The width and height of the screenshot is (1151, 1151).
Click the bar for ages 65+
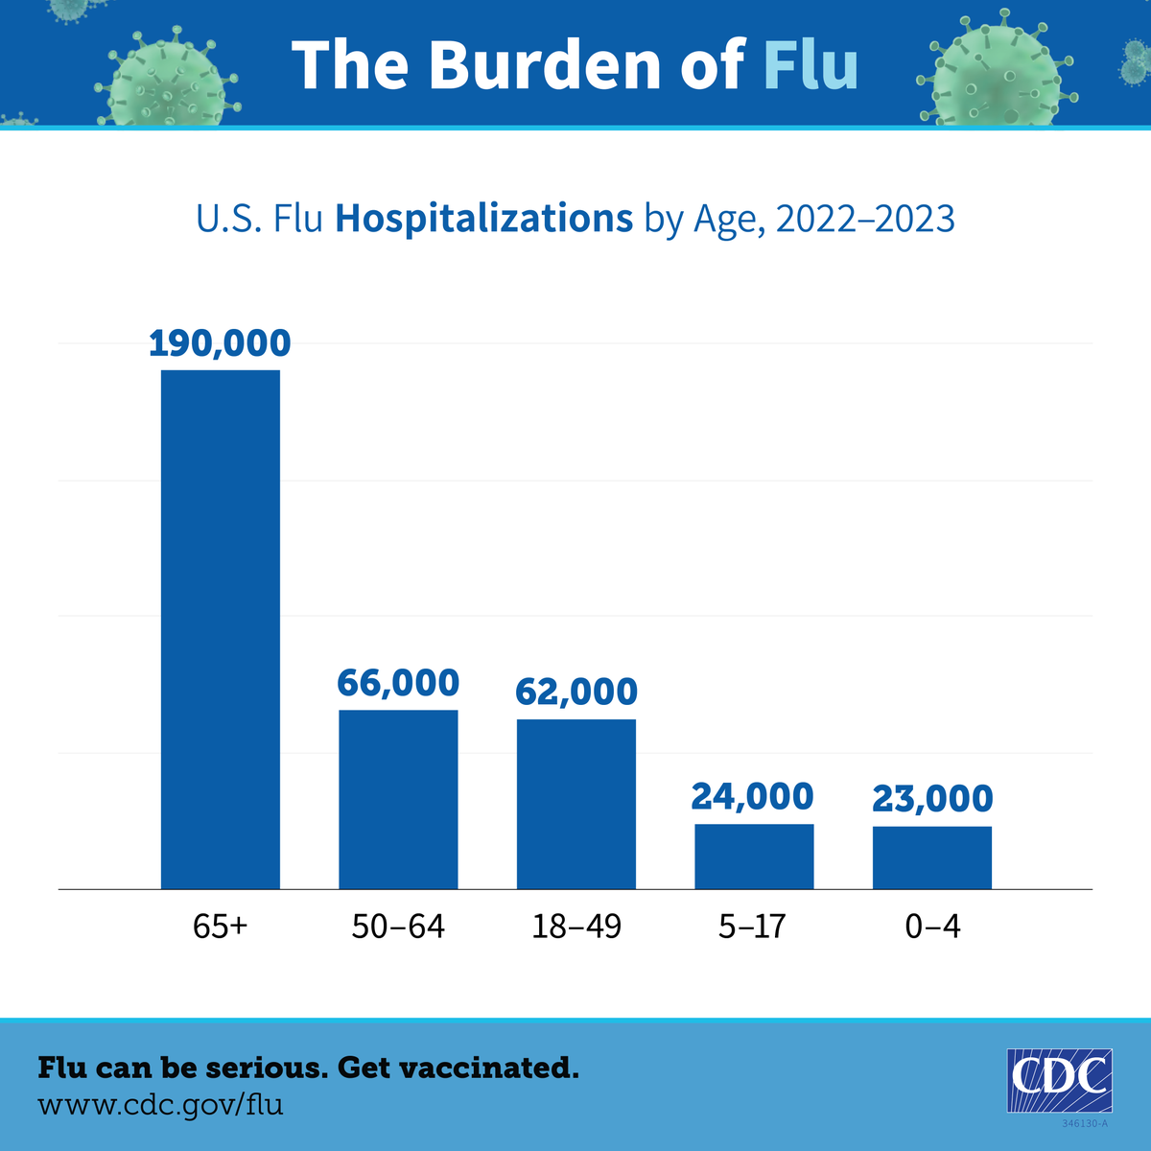pos(220,629)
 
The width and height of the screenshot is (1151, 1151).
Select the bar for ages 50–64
pos(398,799)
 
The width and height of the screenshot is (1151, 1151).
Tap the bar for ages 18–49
pos(576,804)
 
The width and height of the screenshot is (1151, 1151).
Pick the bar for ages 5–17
pos(754,857)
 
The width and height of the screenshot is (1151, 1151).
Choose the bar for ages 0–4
pos(932,857)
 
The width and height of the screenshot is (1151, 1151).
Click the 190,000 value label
pos(220,343)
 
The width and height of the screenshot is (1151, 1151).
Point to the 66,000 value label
pos(398,683)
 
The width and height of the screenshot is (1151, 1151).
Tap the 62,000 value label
pos(576,692)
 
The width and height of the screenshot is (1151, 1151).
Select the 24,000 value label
pos(753,796)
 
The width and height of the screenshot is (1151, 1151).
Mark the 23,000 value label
pos(932,798)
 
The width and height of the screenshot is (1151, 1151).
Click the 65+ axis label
pos(220,927)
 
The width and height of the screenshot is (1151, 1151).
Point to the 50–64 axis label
pos(398,927)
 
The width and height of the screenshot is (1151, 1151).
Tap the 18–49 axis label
pos(576,927)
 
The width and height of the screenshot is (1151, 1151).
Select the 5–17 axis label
pos(753,927)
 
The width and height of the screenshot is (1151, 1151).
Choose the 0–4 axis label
pos(932,927)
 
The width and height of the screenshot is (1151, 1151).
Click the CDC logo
pos(1059,1080)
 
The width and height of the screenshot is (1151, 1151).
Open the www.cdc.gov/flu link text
pos(160,1104)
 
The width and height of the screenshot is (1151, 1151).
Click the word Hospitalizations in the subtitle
pos(483,220)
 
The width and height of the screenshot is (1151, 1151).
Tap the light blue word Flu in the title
pos(810,65)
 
